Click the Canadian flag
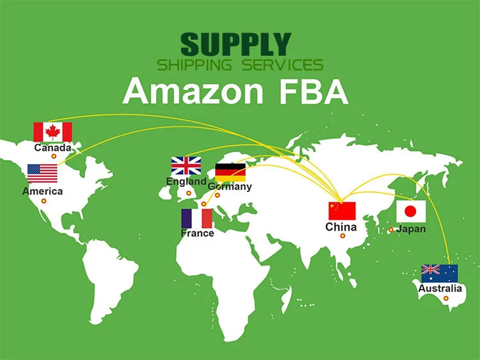(x=52, y=132)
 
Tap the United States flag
(x=42, y=174)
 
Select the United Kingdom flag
(x=186, y=166)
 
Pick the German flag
(x=230, y=172)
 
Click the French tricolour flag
(x=197, y=218)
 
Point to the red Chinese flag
(x=342, y=211)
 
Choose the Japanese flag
(x=411, y=211)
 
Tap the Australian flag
(x=439, y=274)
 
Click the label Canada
(x=53, y=148)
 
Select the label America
(x=43, y=191)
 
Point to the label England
(x=186, y=181)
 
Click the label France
(x=197, y=233)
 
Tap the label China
(x=341, y=227)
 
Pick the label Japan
(x=411, y=229)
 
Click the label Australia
(x=440, y=288)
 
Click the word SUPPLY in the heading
(x=236, y=44)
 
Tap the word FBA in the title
(x=314, y=90)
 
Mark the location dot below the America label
(x=44, y=201)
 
